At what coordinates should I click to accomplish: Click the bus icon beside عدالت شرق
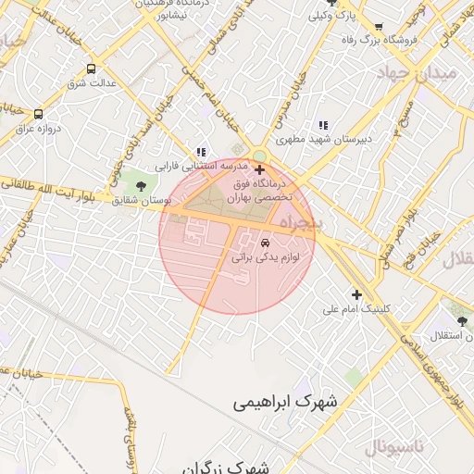(91, 69)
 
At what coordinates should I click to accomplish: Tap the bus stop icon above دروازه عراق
(38, 114)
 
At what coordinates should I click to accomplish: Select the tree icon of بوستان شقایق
(141, 186)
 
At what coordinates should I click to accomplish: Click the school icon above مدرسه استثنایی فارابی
(201, 153)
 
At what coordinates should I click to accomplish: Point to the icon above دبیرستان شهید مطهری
(322, 125)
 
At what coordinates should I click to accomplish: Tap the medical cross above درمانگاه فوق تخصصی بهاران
(259, 170)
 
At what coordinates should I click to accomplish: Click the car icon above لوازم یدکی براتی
(267, 243)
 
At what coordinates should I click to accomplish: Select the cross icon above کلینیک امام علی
(356, 294)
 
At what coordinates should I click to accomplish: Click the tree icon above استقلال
(462, 321)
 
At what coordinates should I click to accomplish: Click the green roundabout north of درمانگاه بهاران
(258, 155)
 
